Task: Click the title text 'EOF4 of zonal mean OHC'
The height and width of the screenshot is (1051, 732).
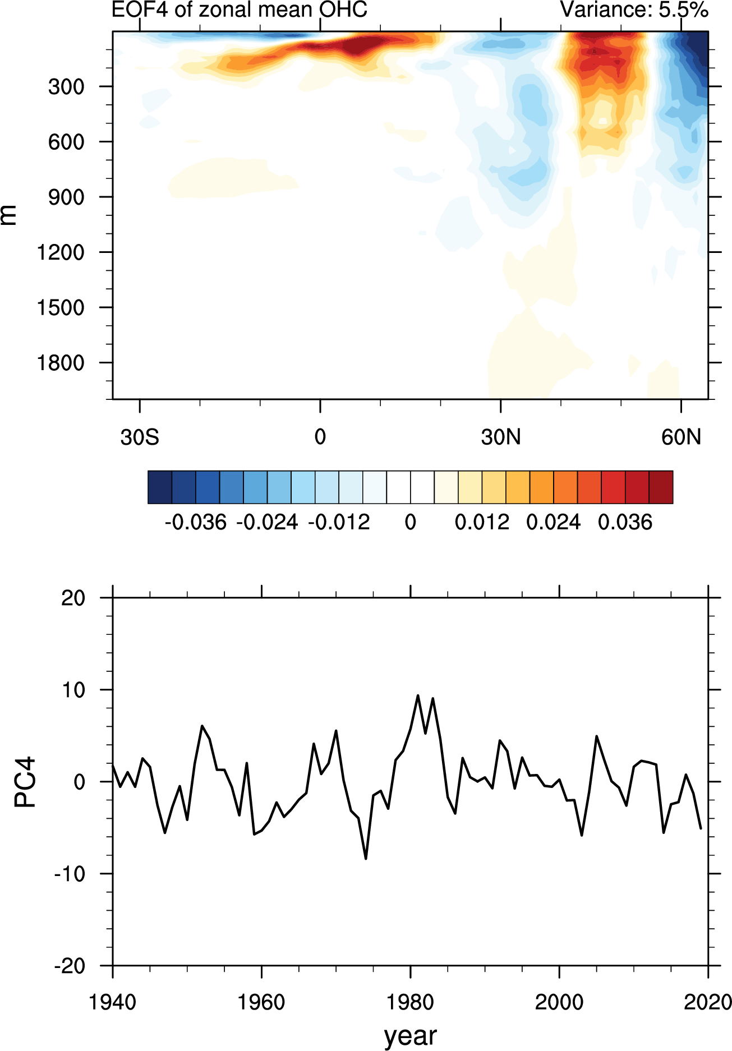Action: (240, 10)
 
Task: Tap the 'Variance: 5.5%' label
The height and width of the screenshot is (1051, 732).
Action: (634, 10)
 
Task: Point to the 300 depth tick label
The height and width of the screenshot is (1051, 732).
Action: (66, 87)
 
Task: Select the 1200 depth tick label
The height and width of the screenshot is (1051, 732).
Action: (61, 253)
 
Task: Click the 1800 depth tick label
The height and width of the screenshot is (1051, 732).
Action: (61, 363)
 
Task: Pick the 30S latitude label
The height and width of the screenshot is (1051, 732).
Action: (140, 437)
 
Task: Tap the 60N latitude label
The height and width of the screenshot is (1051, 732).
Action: (681, 437)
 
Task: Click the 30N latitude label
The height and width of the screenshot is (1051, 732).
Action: (500, 437)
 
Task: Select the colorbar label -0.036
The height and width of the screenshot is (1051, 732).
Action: (196, 523)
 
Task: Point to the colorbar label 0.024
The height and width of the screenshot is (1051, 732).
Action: (554, 523)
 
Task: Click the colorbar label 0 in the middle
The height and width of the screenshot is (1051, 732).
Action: (411, 523)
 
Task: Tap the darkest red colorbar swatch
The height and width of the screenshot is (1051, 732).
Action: (661, 487)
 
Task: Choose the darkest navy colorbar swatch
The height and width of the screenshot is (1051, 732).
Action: (160, 487)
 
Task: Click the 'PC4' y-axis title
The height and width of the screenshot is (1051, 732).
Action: (25, 782)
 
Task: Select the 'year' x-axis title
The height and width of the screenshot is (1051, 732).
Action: (411, 1035)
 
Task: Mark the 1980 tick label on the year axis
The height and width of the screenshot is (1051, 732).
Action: (411, 1002)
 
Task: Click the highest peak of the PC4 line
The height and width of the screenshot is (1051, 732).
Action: (418, 695)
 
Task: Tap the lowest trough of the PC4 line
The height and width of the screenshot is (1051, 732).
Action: (366, 858)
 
